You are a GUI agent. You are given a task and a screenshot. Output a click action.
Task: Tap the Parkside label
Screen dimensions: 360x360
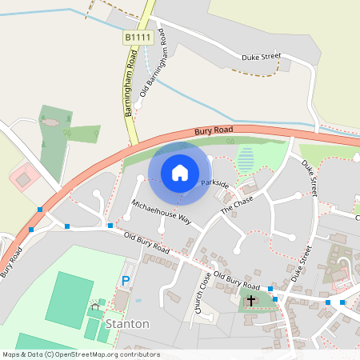click(x=214, y=184)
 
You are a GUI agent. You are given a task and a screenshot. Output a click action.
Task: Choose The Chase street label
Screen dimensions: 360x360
click(x=237, y=203)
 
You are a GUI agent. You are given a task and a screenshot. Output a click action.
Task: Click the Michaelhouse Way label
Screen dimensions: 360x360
click(x=162, y=211)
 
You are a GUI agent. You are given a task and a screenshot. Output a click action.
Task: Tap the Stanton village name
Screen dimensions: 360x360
click(x=127, y=324)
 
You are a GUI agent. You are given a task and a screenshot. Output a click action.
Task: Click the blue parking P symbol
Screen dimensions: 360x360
click(x=126, y=281)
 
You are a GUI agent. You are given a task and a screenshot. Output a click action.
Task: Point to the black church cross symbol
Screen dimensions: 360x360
click(x=251, y=301)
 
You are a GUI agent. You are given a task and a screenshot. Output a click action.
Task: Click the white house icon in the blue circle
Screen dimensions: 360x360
click(x=180, y=172)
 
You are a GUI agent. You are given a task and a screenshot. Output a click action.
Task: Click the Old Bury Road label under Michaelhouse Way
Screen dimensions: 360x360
click(x=147, y=243)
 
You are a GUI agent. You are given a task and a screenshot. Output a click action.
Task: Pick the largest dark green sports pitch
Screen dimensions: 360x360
click(x=69, y=299)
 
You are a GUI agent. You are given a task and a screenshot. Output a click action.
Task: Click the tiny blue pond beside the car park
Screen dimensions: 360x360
click(x=138, y=300)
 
